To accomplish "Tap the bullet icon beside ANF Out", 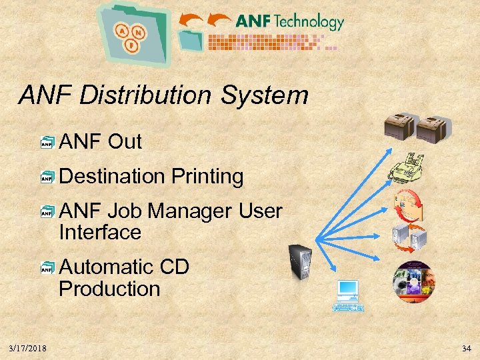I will (47, 142).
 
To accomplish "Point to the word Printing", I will (207, 177).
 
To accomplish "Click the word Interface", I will (100, 233).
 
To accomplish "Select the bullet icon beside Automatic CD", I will (47, 268).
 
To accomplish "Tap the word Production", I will (109, 289).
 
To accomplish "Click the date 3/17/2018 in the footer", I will (28, 349).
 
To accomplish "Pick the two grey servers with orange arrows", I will (409, 237).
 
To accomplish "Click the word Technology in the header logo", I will (308, 21).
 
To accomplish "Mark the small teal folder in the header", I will (191, 38).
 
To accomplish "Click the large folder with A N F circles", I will (133, 33).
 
